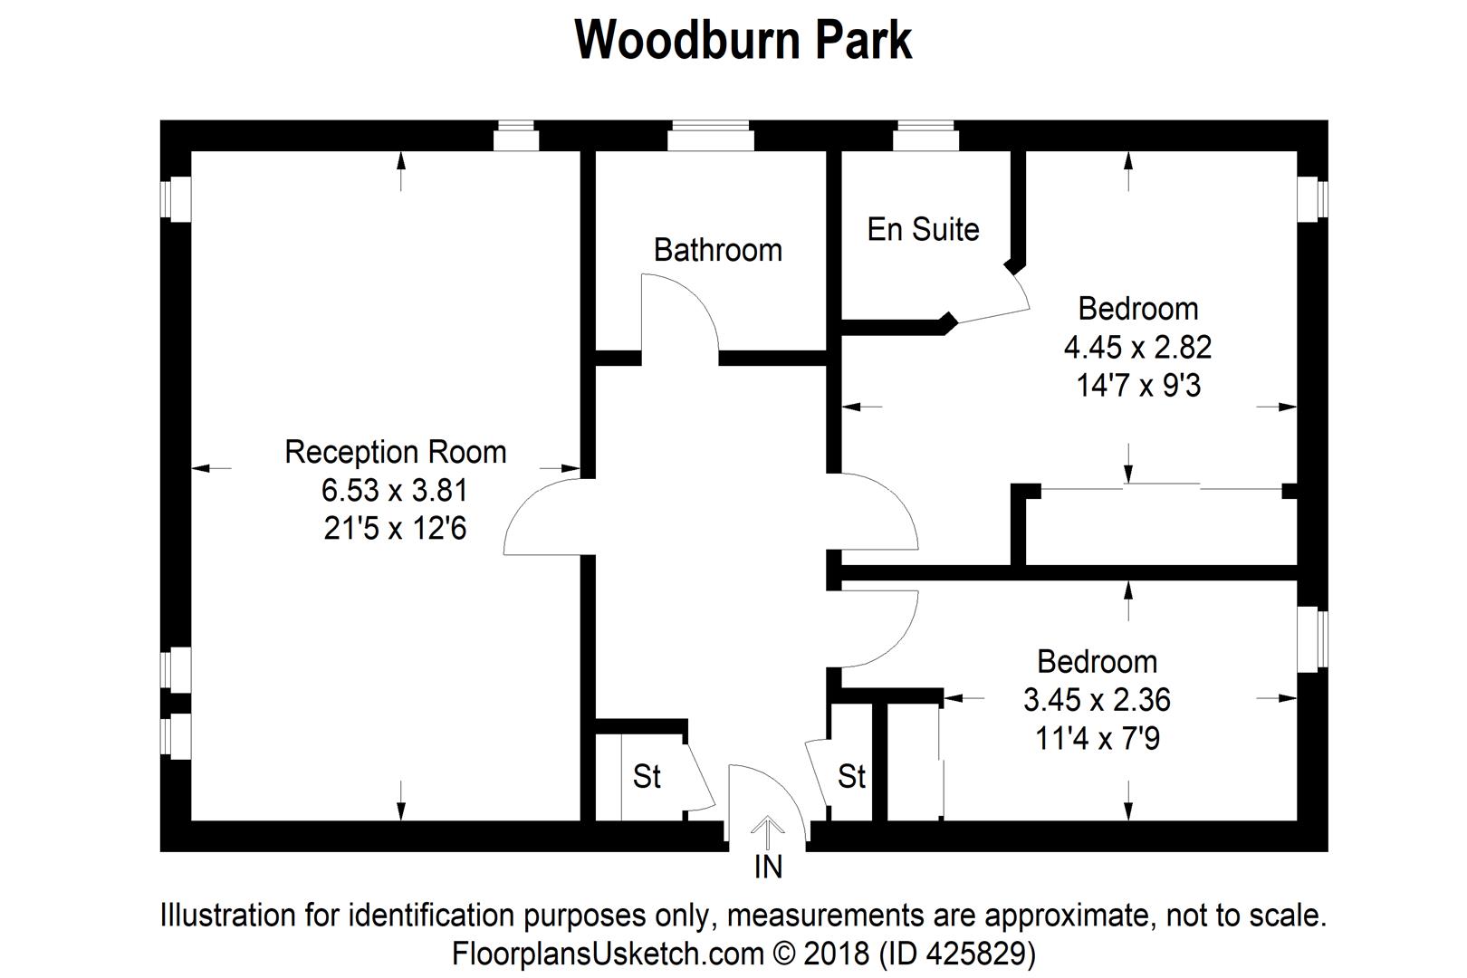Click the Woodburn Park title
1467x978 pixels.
coord(743,40)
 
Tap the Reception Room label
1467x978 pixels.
coord(395,452)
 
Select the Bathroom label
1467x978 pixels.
coord(717,250)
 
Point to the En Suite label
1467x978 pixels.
coord(923,229)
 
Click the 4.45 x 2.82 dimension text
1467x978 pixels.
coord(1137,347)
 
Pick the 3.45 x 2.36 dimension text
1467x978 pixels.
coord(1097,700)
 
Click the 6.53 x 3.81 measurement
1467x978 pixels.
coord(395,491)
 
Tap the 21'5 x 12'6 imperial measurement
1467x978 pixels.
coord(395,529)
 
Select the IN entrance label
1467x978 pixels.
coord(768,867)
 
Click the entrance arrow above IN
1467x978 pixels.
coord(768,831)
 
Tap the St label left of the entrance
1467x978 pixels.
coord(647,776)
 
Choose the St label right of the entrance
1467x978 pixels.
coord(851,776)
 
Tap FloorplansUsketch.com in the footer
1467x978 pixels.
coord(608,954)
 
